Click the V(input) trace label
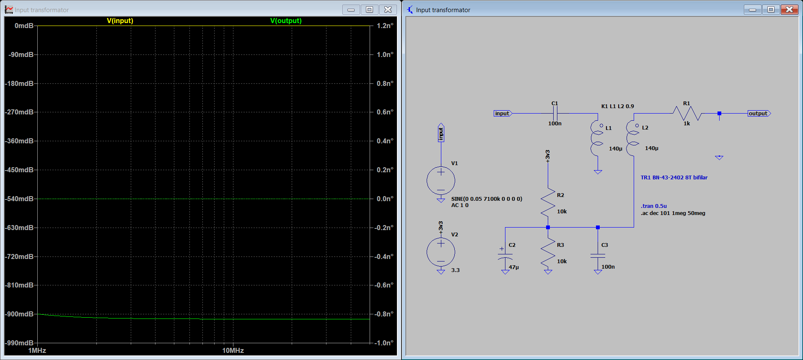(120, 21)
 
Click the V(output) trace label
(286, 21)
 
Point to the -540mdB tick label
(19, 199)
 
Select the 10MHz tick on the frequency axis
(233, 350)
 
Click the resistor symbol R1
(687, 113)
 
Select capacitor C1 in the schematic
(555, 113)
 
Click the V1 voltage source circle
(441, 181)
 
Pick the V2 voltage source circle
(441, 252)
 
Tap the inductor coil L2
(632, 138)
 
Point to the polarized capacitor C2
(505, 256)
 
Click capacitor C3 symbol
(598, 256)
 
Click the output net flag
(759, 113)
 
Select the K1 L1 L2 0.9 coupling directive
(618, 106)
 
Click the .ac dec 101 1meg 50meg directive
(673, 213)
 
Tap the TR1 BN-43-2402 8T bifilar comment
(674, 177)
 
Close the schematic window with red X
(790, 9)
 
